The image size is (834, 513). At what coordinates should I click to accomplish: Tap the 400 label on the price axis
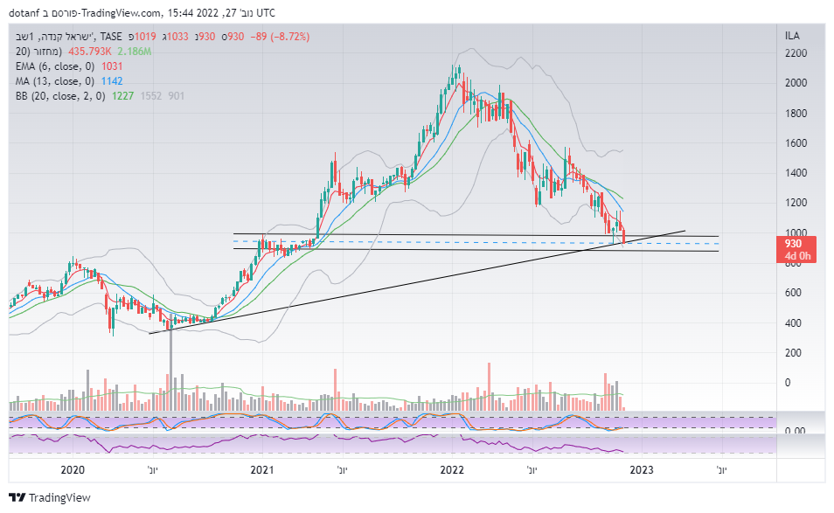click(x=792, y=323)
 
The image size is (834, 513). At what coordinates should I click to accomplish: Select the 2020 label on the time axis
click(x=73, y=470)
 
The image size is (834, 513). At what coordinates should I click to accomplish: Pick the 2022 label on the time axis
click(x=451, y=470)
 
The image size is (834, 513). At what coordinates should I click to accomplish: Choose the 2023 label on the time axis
click(x=641, y=470)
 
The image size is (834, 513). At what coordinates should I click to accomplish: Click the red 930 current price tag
click(x=795, y=244)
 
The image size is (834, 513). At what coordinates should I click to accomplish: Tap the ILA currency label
click(x=793, y=37)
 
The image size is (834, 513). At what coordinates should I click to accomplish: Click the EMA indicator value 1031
click(x=113, y=66)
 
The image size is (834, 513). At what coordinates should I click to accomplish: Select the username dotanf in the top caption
click(x=25, y=12)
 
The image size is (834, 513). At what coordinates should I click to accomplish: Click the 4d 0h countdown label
click(x=795, y=257)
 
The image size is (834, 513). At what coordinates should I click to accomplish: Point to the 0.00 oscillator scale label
click(x=794, y=431)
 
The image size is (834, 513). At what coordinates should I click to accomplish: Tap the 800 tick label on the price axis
click(x=792, y=263)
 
